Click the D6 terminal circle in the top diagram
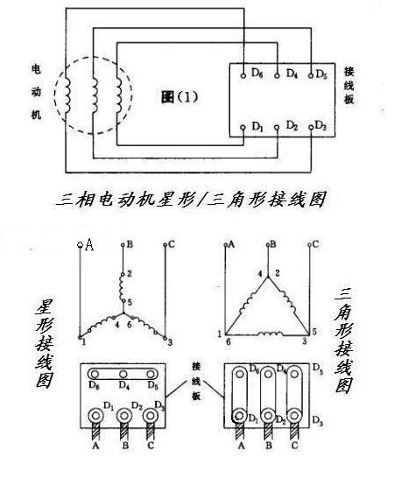pos(243,75)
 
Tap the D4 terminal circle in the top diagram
pos(277,75)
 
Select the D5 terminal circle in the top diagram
pos(311,75)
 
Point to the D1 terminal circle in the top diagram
pos(243,128)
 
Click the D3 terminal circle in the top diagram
pos(311,128)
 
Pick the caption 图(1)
pos(179,97)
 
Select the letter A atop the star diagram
pos(89,244)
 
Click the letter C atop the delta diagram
pos(315,244)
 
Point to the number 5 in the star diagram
pos(130,302)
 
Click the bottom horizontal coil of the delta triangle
pos(271,334)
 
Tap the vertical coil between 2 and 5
pos(122,288)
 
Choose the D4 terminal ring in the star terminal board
pos(123,374)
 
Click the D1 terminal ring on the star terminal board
pos(95,416)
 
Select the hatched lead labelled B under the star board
pos(123,432)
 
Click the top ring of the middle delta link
pos(268,374)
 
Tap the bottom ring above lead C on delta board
pos(294,416)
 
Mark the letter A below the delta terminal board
pos(241,446)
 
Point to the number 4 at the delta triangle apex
pos(260,273)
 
